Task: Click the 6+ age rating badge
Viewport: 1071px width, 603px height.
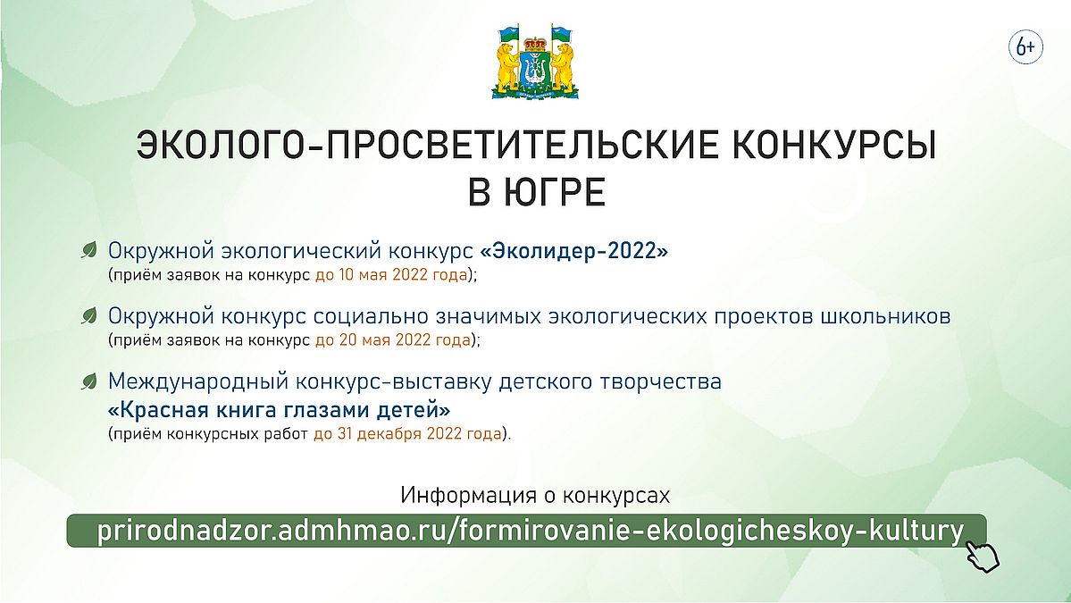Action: click(x=1025, y=47)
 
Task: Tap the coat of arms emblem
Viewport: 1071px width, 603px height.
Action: click(x=535, y=62)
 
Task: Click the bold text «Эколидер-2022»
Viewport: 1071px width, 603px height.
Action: click(x=573, y=251)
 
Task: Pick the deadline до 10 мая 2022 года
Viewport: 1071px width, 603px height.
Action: click(x=391, y=275)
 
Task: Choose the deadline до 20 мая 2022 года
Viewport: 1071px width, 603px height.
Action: click(x=393, y=339)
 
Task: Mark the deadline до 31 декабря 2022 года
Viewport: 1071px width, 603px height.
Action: click(x=408, y=433)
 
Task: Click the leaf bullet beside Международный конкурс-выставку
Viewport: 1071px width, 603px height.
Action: click(x=88, y=381)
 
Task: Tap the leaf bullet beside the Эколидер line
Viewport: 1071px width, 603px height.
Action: click(x=88, y=250)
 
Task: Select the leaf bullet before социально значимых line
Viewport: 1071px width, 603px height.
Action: click(x=88, y=315)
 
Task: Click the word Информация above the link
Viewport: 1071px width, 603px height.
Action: click(x=469, y=495)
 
